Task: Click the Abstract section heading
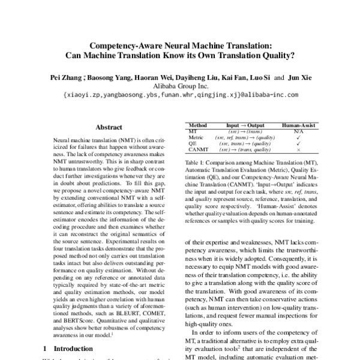(109, 127)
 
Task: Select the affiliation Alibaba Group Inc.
(179, 86)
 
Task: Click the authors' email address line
(179, 95)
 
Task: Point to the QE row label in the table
(193, 145)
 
